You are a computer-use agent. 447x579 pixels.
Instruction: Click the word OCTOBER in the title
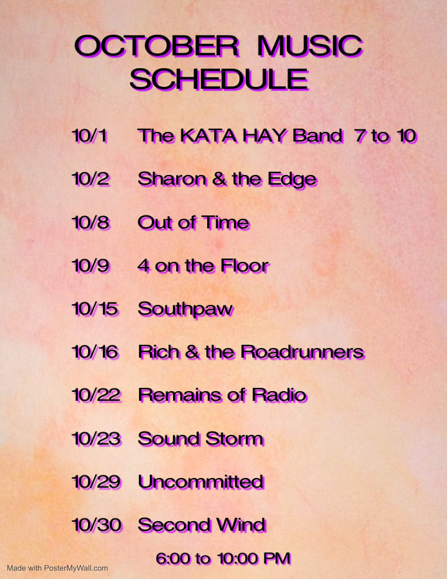point(157,46)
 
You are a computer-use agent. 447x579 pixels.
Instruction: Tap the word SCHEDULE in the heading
point(219,80)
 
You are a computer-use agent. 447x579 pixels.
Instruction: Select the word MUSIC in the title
point(310,46)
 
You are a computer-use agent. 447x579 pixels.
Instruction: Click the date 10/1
point(89,136)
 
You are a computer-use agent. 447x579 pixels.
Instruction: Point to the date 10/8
point(91,223)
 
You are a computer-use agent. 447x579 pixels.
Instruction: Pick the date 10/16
point(95,352)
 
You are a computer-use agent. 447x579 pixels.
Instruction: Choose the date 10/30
point(96,525)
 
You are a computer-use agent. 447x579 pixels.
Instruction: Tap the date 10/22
point(96,395)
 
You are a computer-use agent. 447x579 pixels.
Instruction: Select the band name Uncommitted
point(201,482)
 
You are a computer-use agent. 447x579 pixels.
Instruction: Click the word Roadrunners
point(303,352)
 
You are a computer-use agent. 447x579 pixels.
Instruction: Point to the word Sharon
point(172,179)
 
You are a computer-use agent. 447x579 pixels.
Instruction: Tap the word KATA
point(208,136)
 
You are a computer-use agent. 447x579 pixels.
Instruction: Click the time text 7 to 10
point(385,136)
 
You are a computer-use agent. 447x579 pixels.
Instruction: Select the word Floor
point(245,266)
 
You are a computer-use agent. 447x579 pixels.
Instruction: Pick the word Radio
point(279,395)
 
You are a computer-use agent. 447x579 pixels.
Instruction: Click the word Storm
point(235,439)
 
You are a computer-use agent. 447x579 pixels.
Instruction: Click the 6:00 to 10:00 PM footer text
point(223,558)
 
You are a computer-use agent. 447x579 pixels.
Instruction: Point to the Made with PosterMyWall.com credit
point(57,568)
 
